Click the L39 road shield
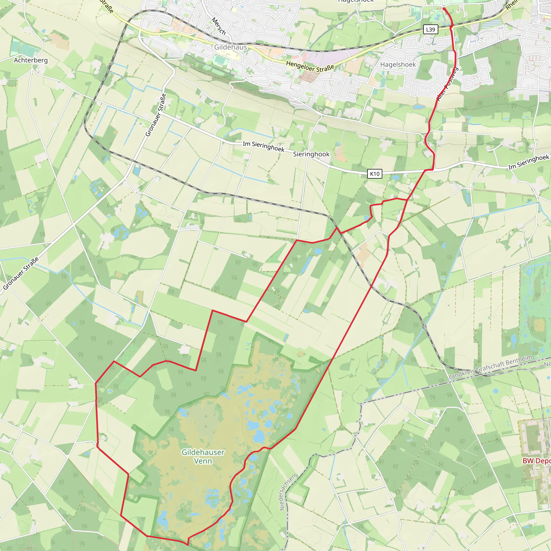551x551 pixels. click(x=430, y=29)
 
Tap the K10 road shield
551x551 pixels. click(x=375, y=174)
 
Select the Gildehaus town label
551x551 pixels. click(x=231, y=47)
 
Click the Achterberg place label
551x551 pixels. click(x=31, y=60)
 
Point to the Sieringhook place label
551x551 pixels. click(x=311, y=154)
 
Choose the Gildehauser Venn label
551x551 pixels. click(x=203, y=457)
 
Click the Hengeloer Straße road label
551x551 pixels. click(x=310, y=66)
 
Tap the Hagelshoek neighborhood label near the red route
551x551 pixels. click(x=398, y=65)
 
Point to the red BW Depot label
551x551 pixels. click(x=536, y=461)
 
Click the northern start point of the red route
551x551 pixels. click(x=444, y=9)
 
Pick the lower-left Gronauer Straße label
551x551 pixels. click(x=20, y=274)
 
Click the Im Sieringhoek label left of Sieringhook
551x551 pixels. click(x=263, y=146)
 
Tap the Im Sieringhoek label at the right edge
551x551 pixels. click(x=528, y=162)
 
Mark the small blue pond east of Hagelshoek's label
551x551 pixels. click(x=419, y=107)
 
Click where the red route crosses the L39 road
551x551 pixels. click(x=451, y=27)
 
